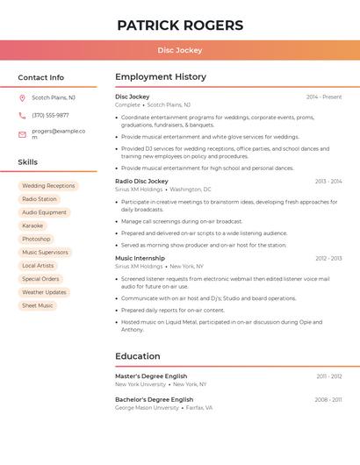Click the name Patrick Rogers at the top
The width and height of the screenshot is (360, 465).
click(x=180, y=25)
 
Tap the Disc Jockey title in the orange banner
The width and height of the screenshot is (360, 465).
click(x=180, y=51)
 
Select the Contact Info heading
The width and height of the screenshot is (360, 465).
click(x=41, y=77)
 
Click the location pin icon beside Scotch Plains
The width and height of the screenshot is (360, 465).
click(x=22, y=98)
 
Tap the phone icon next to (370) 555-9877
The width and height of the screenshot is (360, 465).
click(x=22, y=116)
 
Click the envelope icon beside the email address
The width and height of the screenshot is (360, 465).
click(x=22, y=134)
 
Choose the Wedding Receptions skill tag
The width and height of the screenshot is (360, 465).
click(x=48, y=186)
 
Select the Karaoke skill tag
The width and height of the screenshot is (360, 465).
click(x=32, y=225)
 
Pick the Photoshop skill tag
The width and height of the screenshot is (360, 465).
click(x=36, y=239)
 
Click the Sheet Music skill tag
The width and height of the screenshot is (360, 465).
click(x=38, y=305)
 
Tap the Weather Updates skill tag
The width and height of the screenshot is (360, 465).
click(x=44, y=292)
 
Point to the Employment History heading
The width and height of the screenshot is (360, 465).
click(x=161, y=77)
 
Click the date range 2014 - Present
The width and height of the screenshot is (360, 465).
click(x=324, y=97)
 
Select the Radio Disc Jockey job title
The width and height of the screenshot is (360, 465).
click(x=141, y=182)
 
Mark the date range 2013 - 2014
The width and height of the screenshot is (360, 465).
click(x=328, y=182)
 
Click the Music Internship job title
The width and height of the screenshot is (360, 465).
click(x=140, y=259)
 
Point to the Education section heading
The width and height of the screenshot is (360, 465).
click(x=138, y=356)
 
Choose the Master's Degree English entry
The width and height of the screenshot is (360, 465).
click(x=151, y=376)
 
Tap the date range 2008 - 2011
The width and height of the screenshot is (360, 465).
click(x=328, y=400)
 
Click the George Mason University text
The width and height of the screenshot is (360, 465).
click(x=147, y=408)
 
